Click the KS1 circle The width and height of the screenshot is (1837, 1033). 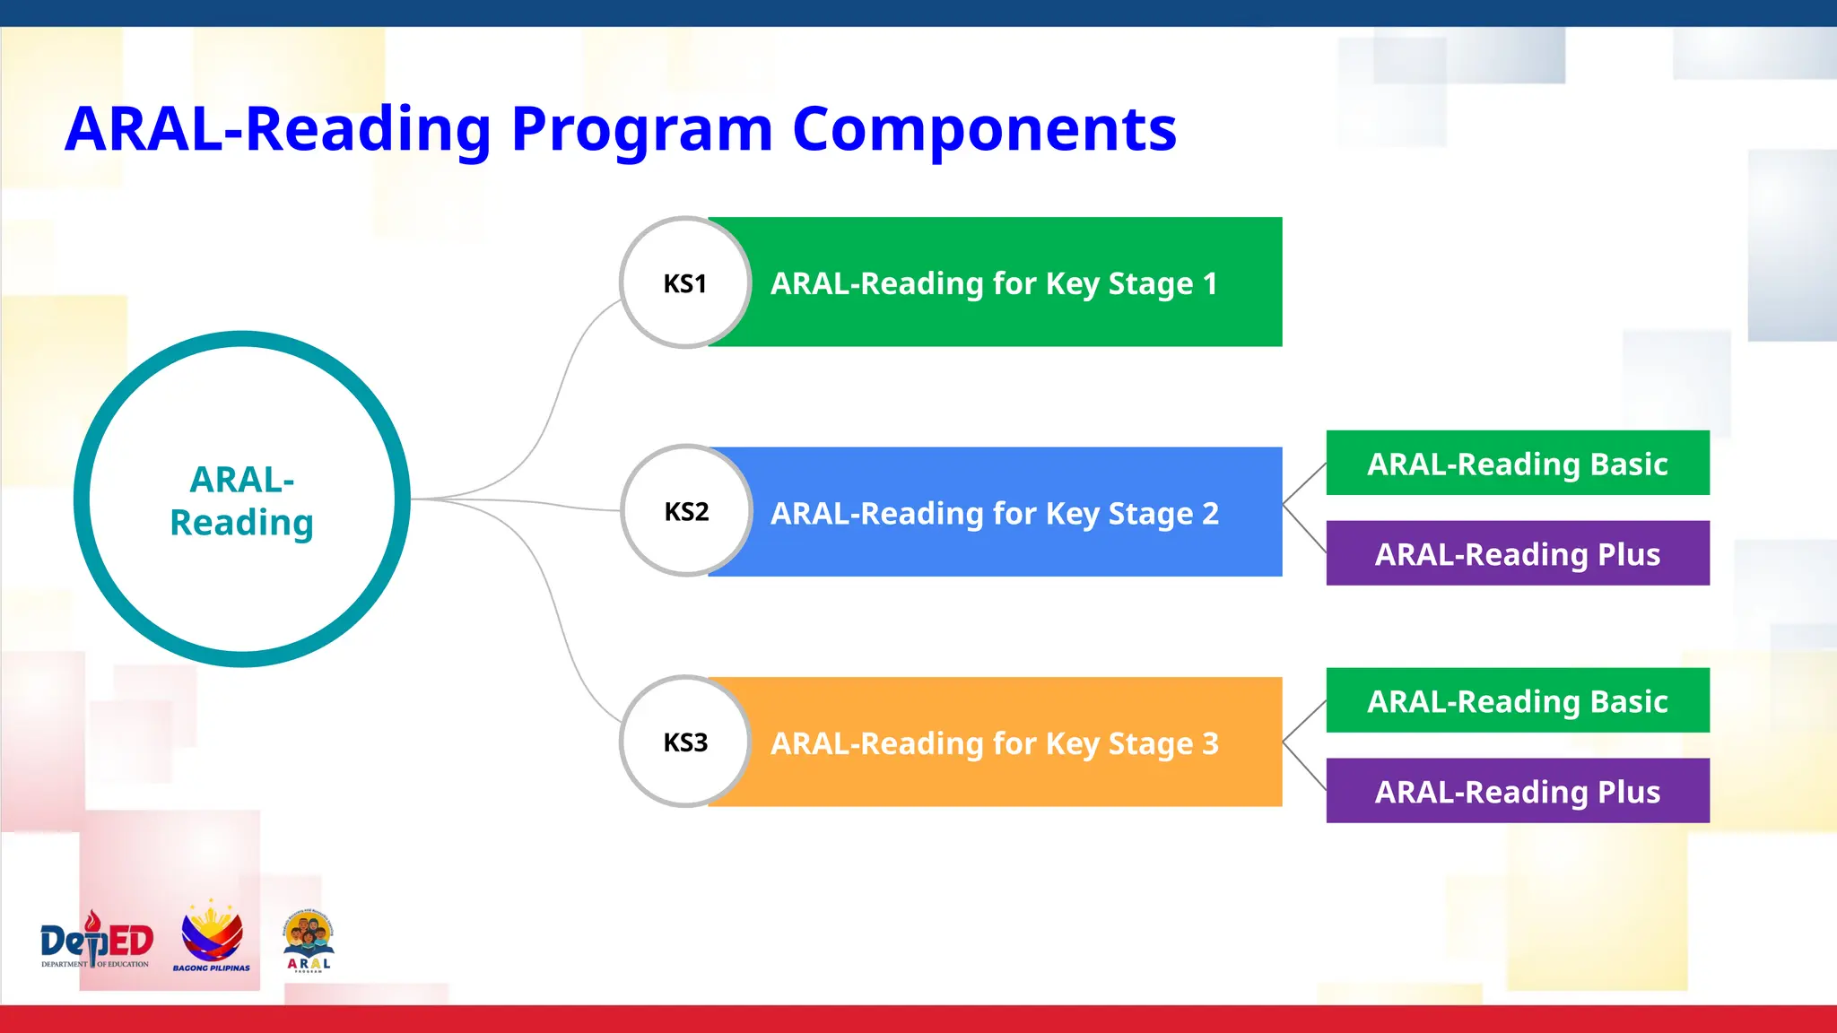(x=685, y=282)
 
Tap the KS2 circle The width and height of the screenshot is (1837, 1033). (x=686, y=511)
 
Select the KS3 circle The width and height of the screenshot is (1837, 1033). (x=685, y=742)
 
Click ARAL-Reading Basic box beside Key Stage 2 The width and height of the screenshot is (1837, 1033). (x=1518, y=463)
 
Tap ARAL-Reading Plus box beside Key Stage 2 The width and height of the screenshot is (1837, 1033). (x=1518, y=553)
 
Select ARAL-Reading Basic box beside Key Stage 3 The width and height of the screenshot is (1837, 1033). (x=1518, y=700)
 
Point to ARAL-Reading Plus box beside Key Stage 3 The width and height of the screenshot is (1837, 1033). (x=1518, y=791)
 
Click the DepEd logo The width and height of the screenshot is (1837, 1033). (x=96, y=942)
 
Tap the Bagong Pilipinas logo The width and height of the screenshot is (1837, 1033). (x=212, y=937)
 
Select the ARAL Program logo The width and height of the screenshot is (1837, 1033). (x=309, y=942)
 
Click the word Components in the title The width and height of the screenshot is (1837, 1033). (x=984, y=129)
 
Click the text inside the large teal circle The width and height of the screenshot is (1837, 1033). (x=242, y=500)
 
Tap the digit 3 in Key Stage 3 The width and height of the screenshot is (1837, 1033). (x=1210, y=742)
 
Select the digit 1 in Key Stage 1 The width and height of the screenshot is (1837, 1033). (x=1210, y=282)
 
